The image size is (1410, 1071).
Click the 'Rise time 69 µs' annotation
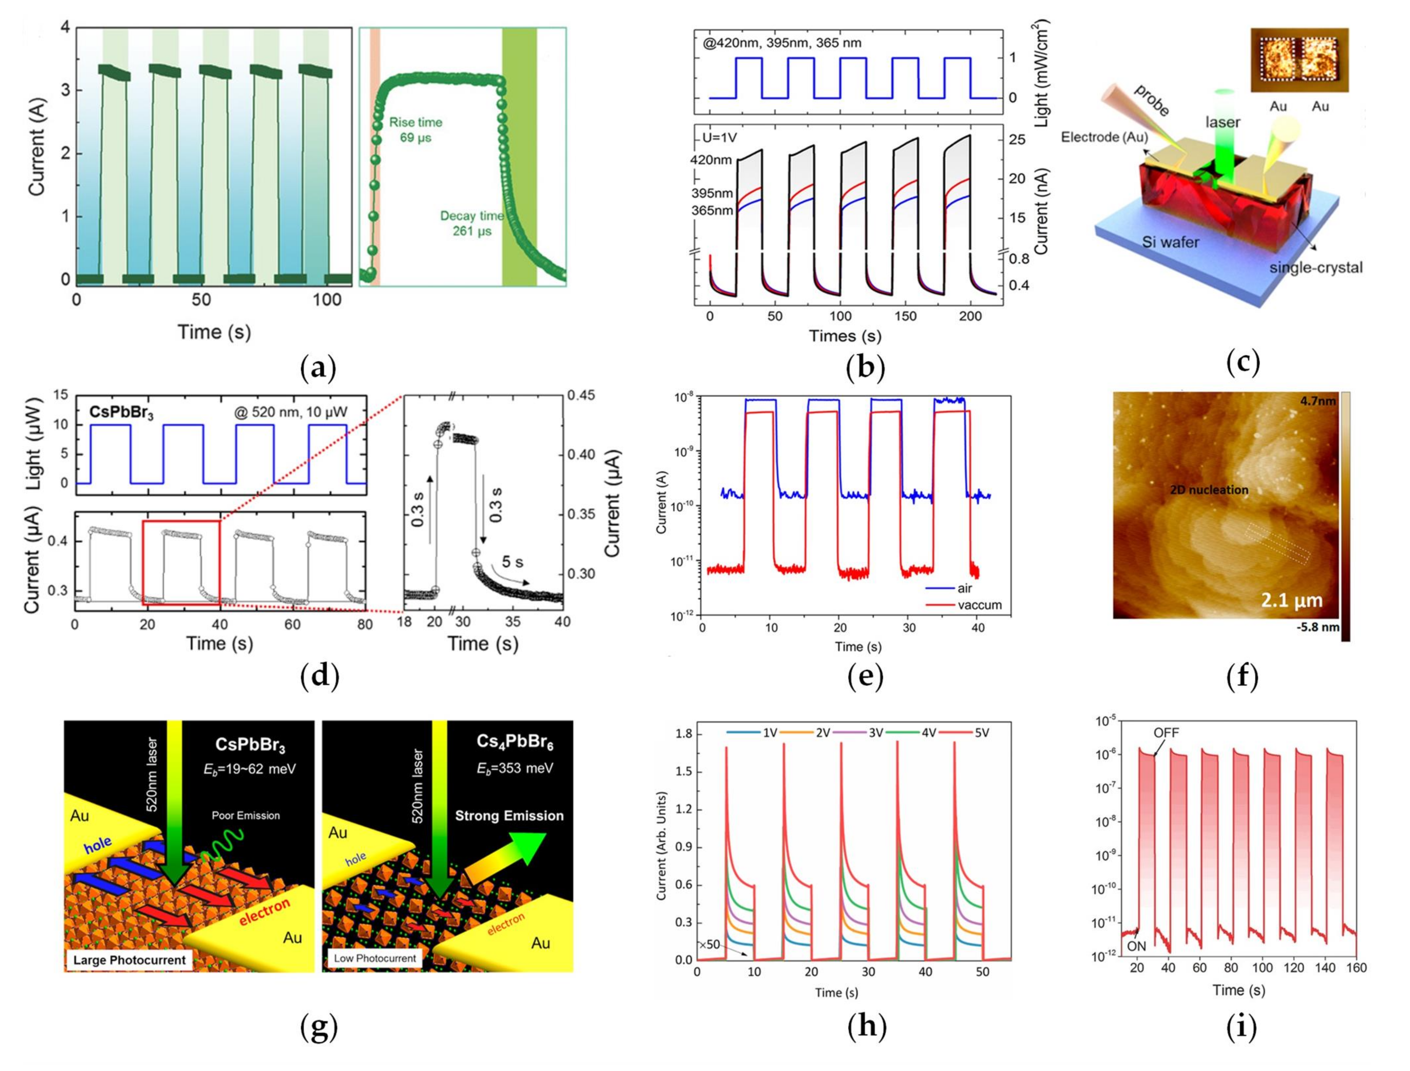[416, 129]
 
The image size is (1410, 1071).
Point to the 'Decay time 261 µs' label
[472, 223]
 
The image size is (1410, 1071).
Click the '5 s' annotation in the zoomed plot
[512, 562]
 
